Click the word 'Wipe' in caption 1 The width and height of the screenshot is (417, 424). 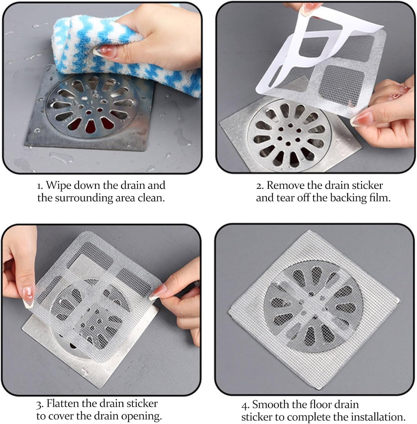[59, 185]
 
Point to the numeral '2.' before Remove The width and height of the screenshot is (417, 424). [260, 186]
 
